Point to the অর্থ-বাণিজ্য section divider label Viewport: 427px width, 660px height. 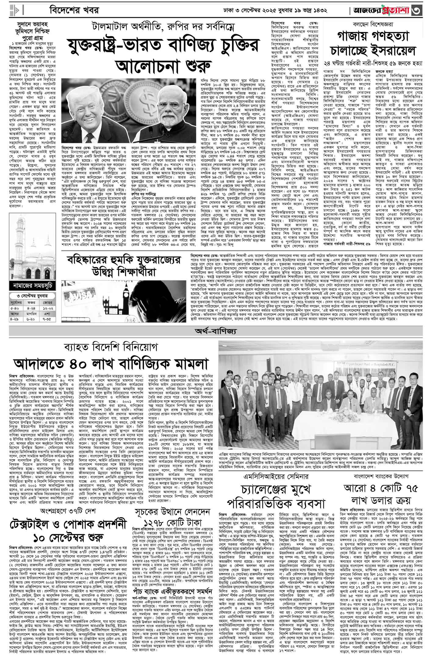[x=213, y=331]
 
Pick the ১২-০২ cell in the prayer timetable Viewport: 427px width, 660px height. [x=48, y=308]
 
